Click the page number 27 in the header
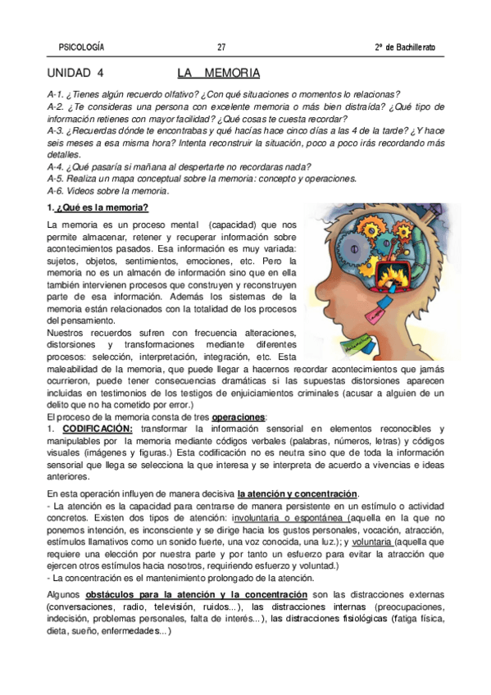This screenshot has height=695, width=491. coord(221,46)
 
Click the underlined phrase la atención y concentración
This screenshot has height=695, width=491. coord(298,493)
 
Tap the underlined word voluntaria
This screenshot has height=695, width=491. coord(374,541)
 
